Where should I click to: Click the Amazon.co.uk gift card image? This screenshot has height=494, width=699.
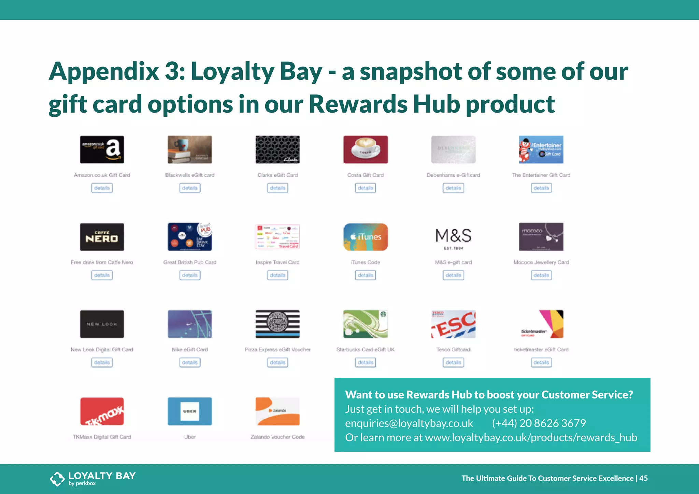(x=102, y=149)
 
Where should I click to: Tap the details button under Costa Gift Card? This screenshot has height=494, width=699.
(x=365, y=188)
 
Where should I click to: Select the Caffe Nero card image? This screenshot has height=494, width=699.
(x=102, y=237)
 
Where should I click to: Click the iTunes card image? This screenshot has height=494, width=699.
(x=365, y=237)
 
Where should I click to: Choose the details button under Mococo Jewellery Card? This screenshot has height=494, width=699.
(x=541, y=275)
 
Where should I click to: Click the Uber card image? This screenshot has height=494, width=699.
(x=190, y=411)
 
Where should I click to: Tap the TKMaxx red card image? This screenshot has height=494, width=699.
(x=102, y=411)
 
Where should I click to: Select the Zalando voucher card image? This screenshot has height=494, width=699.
(x=277, y=411)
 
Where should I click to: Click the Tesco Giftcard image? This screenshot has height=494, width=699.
(x=453, y=324)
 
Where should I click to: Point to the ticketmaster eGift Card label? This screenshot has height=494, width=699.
(x=541, y=350)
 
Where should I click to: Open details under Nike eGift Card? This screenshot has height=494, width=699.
(x=190, y=362)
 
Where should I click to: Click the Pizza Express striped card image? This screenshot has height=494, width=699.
(x=277, y=324)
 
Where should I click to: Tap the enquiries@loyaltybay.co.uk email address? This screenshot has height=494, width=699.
(x=409, y=423)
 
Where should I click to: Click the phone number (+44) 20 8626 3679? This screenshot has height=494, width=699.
(x=539, y=423)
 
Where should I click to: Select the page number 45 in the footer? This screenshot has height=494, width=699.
(x=643, y=478)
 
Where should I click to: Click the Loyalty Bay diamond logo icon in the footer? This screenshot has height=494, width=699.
(x=57, y=479)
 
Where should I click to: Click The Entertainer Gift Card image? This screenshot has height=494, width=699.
(x=541, y=149)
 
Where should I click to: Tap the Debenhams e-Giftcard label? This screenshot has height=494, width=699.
(x=453, y=175)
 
